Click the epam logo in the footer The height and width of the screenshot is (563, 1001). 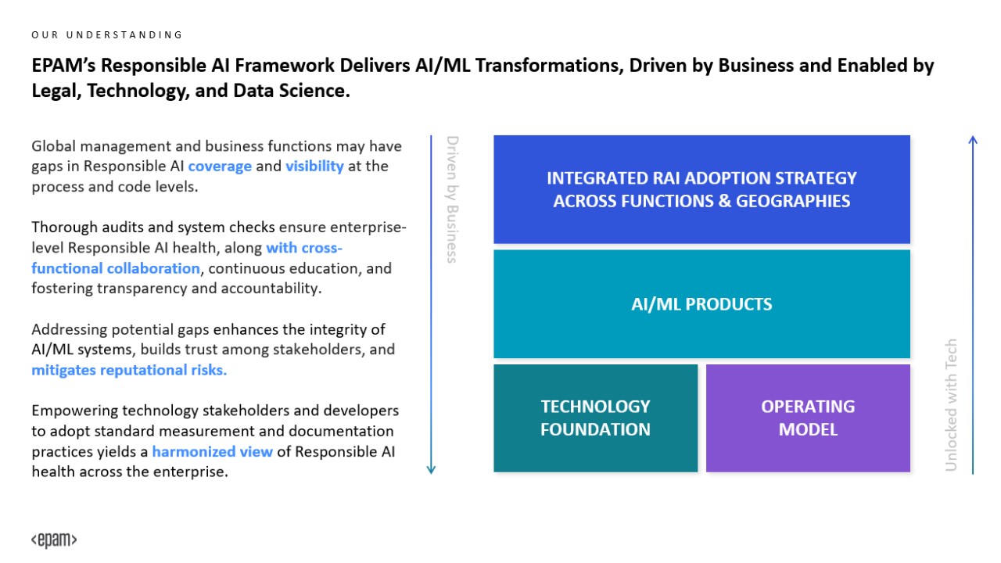tap(54, 540)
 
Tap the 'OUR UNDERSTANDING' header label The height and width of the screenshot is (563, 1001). tap(107, 35)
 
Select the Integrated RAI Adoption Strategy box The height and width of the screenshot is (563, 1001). tap(701, 189)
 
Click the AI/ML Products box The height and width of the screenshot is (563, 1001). tap(701, 304)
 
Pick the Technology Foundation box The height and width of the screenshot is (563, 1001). tap(595, 418)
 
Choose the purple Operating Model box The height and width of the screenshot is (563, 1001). tap(808, 418)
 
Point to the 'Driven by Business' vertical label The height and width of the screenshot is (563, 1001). tap(453, 199)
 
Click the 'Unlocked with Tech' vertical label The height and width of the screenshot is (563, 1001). tap(951, 405)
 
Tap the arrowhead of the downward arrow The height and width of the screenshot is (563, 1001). tap(431, 470)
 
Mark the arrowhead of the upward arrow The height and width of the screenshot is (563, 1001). tap(973, 140)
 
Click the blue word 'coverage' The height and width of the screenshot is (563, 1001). tap(220, 167)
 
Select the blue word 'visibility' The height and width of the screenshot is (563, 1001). tap(314, 167)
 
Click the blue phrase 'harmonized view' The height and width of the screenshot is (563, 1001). tap(212, 451)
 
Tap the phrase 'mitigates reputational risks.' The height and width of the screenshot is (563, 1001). tap(129, 370)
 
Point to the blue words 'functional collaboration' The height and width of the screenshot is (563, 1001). tap(116, 268)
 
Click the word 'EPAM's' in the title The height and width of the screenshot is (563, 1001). tap(63, 66)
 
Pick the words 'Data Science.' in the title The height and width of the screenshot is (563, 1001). tap(292, 91)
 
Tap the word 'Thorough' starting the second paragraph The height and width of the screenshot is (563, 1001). tap(65, 228)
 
